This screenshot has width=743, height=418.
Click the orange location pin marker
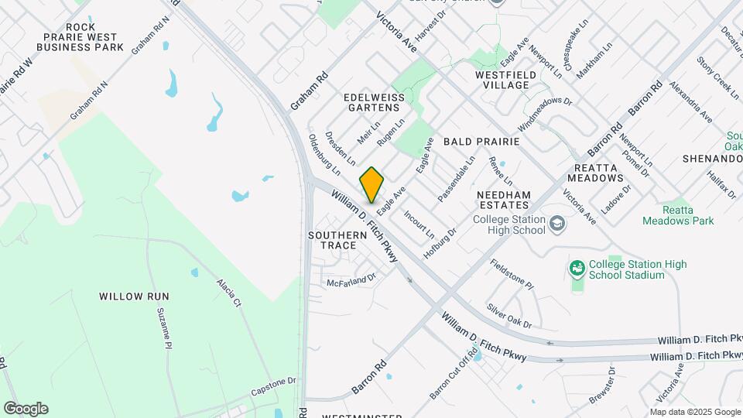click(372, 185)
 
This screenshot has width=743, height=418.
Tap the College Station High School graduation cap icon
click(557, 224)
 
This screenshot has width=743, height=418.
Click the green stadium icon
click(576, 269)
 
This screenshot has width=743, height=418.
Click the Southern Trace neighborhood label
click(337, 240)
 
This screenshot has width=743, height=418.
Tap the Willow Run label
click(134, 296)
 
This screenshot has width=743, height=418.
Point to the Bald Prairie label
click(481, 143)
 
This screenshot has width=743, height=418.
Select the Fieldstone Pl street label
click(512, 274)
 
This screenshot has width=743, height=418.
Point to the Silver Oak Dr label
click(508, 315)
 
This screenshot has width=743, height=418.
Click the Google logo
click(26, 409)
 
